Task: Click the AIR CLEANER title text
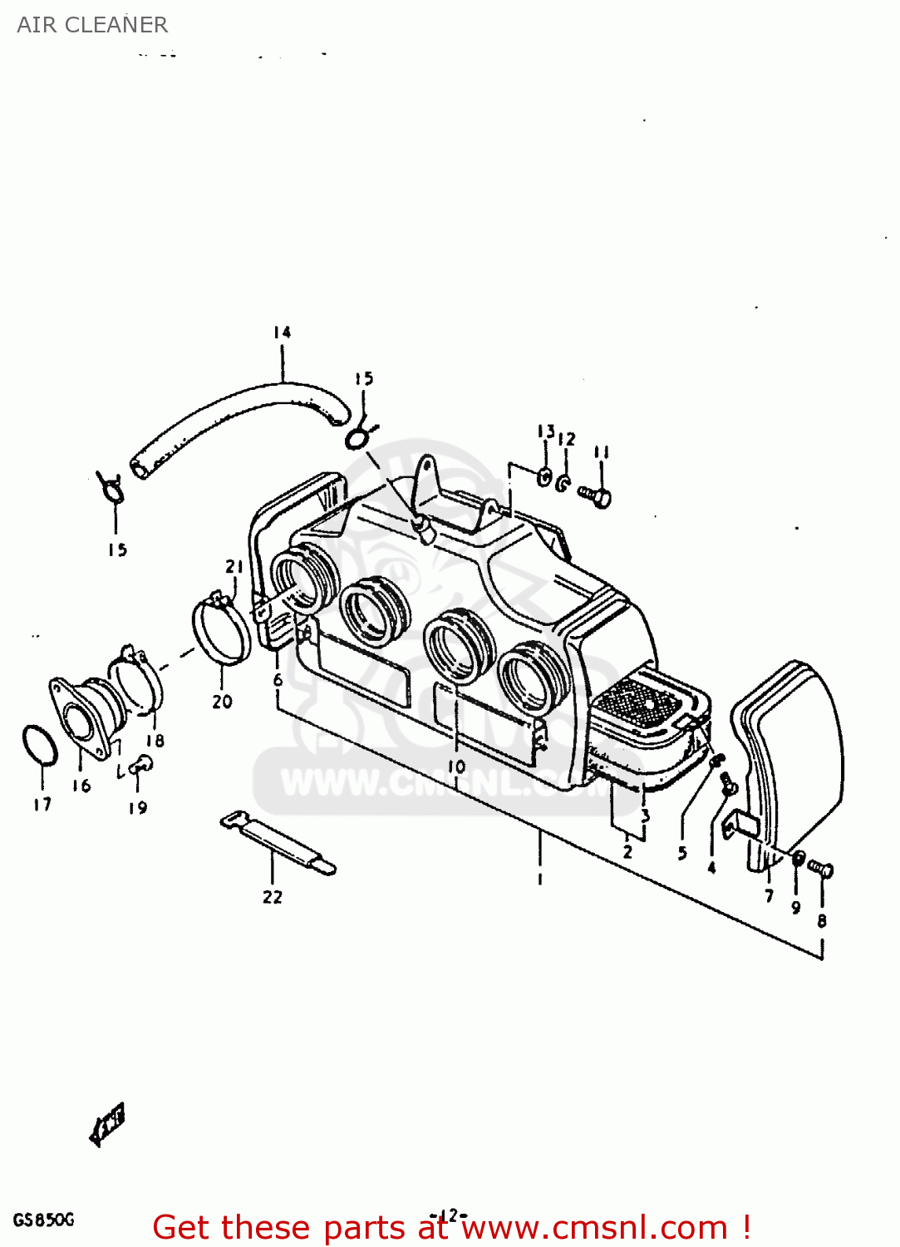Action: tap(92, 25)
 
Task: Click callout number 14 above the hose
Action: tap(283, 333)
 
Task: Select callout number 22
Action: tap(273, 897)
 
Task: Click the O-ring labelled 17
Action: tap(39, 744)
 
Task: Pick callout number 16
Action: tap(81, 786)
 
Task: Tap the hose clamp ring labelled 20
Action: tap(222, 632)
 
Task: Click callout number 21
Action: tap(235, 567)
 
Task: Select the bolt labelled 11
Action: tap(597, 495)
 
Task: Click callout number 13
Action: tap(545, 431)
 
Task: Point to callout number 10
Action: tap(456, 766)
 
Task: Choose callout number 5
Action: tap(682, 853)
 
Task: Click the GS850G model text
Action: tap(43, 1220)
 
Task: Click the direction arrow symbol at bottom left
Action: tap(107, 1125)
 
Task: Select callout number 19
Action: tap(138, 807)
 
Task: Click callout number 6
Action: tap(278, 680)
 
